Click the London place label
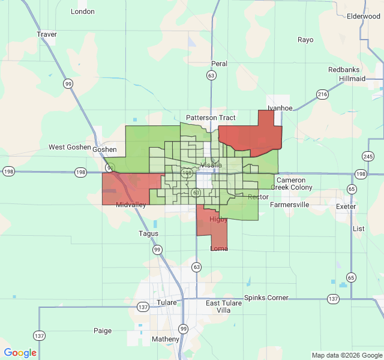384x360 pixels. [x=83, y=11]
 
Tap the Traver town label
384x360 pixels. [x=47, y=34]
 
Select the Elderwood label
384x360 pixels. [x=364, y=16]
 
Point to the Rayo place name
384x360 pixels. [x=305, y=40]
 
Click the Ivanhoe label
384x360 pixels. [x=280, y=108]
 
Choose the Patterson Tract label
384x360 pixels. [x=211, y=118]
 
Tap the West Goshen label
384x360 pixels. [x=70, y=147]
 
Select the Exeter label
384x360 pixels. [x=346, y=206]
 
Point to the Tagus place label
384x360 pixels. [x=149, y=233]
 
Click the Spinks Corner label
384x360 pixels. [x=266, y=298]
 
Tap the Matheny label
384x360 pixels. [x=166, y=339]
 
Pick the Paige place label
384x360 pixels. [x=103, y=331]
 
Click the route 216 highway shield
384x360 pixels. [x=323, y=94]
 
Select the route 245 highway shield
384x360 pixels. [x=367, y=156]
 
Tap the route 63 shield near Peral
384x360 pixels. [x=211, y=76]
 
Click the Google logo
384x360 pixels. [x=20, y=353]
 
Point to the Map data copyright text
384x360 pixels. [x=347, y=355]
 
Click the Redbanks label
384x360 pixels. [x=344, y=70]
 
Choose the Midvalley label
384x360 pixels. [x=131, y=205]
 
